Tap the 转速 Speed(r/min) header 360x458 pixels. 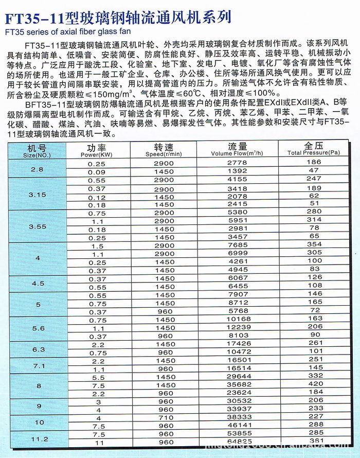[164, 150]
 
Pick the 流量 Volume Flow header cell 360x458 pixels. [237, 150]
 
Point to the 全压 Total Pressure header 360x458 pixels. [314, 150]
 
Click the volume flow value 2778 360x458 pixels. [237, 163]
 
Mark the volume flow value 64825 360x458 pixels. [237, 442]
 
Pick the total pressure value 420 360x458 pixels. [315, 383]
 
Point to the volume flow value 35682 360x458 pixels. [237, 383]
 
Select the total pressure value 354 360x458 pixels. [315, 244]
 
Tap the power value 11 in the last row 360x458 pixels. [100, 442]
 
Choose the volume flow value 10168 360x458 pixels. [237, 319]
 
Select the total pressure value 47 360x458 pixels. [315, 171]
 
